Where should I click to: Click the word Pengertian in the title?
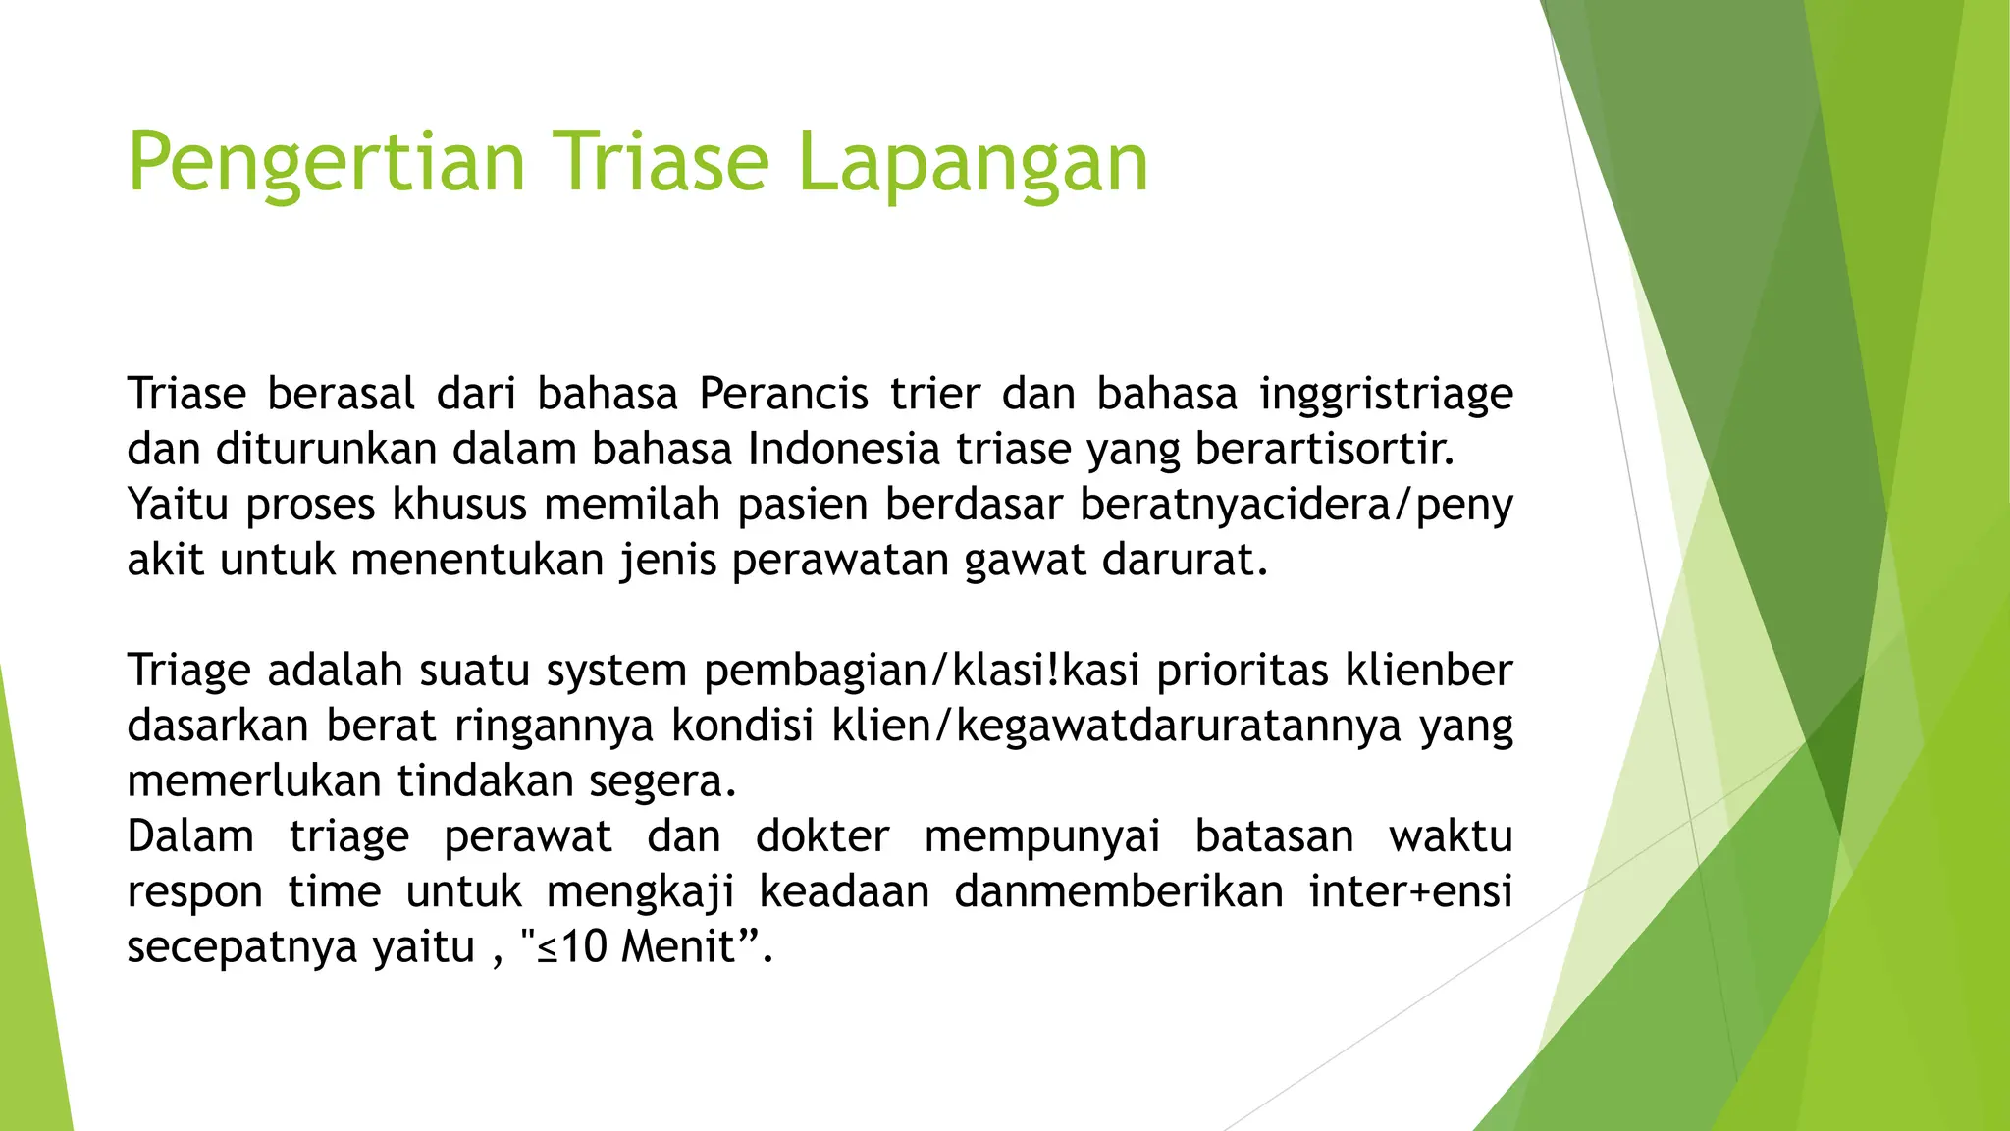(x=327, y=164)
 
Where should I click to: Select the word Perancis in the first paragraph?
(x=783, y=395)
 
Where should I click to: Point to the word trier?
(x=934, y=395)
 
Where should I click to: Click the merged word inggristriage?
(x=1386, y=395)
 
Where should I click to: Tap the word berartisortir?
(x=1324, y=450)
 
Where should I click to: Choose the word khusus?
(x=460, y=505)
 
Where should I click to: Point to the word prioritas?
(x=1243, y=671)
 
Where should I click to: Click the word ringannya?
(x=554, y=726)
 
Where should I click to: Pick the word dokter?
(x=822, y=836)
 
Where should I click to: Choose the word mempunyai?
(x=1042, y=836)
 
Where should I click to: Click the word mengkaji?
(x=640, y=891)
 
